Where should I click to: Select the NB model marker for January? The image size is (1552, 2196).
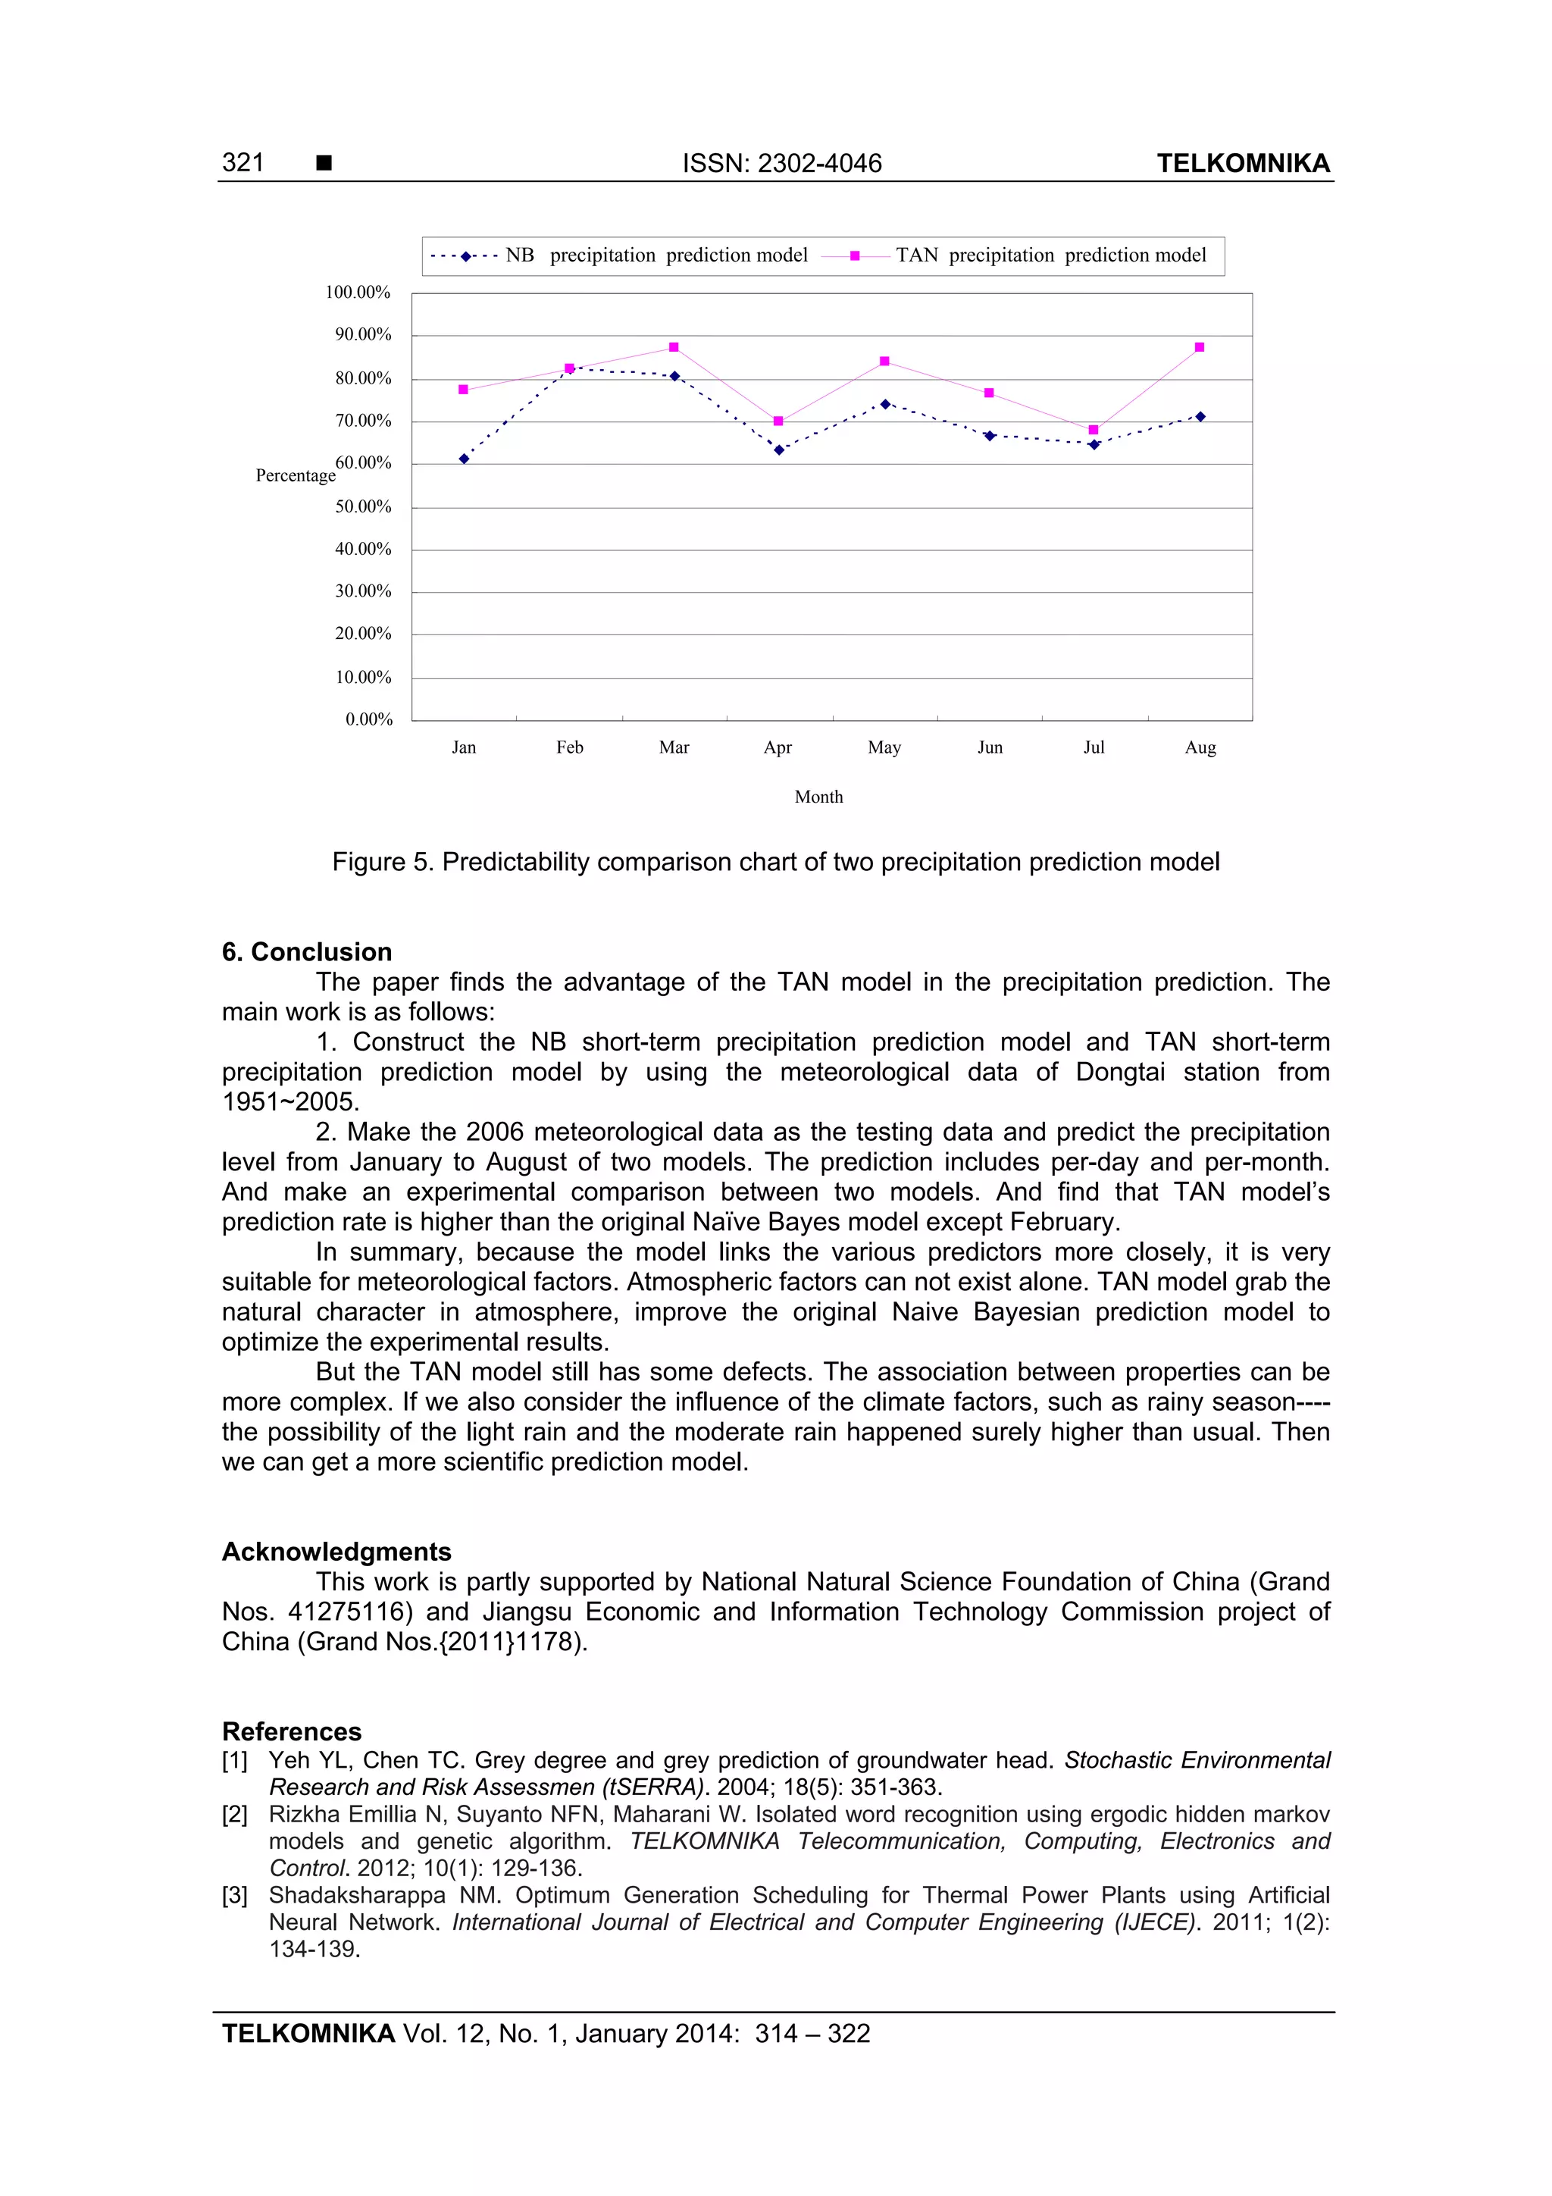click(x=464, y=459)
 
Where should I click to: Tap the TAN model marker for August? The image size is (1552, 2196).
click(x=1199, y=347)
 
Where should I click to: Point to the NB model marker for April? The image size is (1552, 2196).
click(x=778, y=450)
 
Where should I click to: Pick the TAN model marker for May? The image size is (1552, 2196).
click(x=884, y=362)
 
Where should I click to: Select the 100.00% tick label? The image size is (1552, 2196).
click(x=358, y=293)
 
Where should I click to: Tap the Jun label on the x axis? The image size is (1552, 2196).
click(x=990, y=747)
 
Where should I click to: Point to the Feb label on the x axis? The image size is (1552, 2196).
click(x=569, y=747)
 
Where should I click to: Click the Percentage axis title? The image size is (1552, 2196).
click(x=296, y=475)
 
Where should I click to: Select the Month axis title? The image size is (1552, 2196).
click(x=818, y=797)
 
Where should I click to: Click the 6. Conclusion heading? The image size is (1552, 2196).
click(x=307, y=951)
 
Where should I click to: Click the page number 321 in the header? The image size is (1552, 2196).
click(x=243, y=162)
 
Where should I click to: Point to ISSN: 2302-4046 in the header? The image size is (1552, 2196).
click(x=781, y=164)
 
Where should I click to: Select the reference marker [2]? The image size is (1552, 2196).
click(x=234, y=1815)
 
